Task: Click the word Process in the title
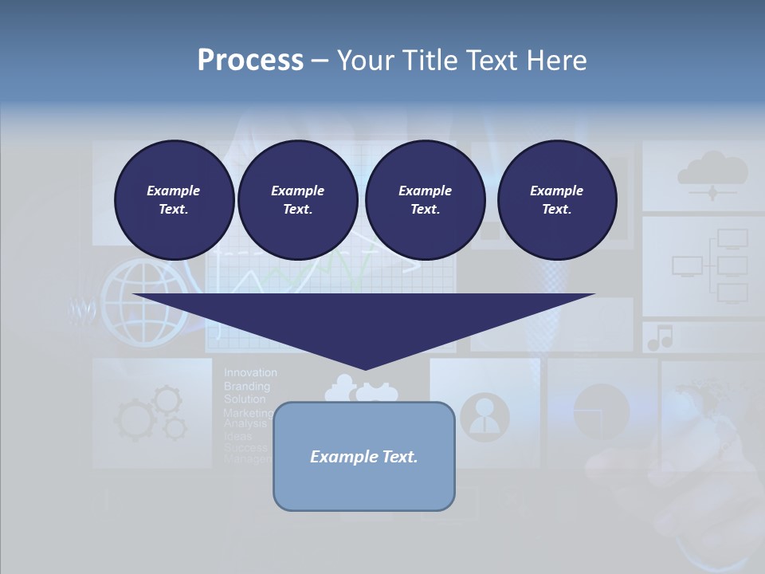tap(250, 60)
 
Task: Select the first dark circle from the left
tap(174, 199)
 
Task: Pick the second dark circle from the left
tap(297, 199)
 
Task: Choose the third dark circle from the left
tap(425, 199)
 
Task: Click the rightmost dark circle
tap(556, 199)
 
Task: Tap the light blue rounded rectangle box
tap(363, 456)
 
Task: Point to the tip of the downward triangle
tap(364, 368)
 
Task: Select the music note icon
tap(660, 337)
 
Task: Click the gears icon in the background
tap(151, 412)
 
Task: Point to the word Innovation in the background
tap(250, 372)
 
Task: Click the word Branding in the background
tap(246, 386)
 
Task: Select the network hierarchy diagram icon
tap(710, 265)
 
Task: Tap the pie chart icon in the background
tap(601, 411)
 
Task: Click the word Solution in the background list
tap(245, 399)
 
